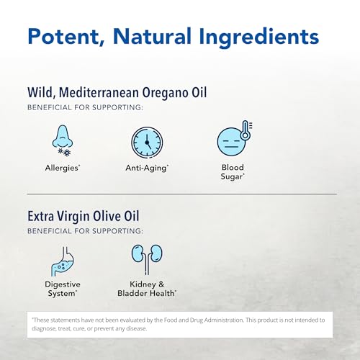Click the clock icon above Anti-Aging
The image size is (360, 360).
click(146, 142)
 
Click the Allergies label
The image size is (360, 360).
click(63, 168)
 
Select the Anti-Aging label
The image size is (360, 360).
click(146, 168)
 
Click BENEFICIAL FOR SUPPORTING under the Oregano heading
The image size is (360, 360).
click(85, 109)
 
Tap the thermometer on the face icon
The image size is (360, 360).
click(243, 130)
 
